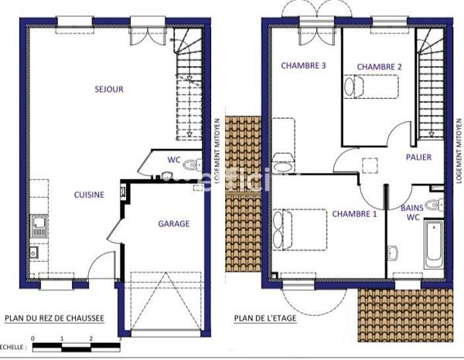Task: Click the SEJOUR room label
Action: (x=109, y=90)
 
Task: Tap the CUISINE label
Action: (x=89, y=195)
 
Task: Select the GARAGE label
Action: (x=174, y=224)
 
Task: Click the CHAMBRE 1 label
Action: (x=354, y=214)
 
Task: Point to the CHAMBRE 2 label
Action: (x=379, y=67)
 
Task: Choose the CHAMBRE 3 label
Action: (x=303, y=66)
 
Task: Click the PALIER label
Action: (x=418, y=158)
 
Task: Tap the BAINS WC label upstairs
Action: (x=411, y=213)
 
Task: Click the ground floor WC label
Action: (x=174, y=161)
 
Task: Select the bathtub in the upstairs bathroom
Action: (x=433, y=245)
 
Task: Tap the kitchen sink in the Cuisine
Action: (x=37, y=226)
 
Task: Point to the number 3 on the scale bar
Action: (x=119, y=339)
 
